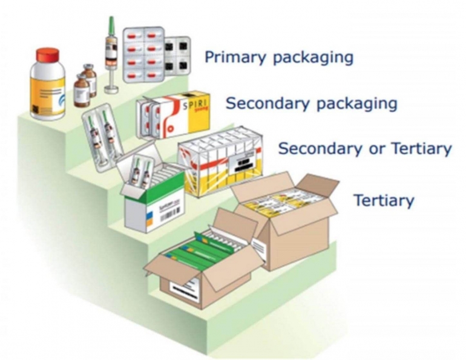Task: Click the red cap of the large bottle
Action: [47, 55]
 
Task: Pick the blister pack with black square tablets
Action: [178, 54]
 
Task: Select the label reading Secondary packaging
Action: [311, 103]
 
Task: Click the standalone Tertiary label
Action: [384, 200]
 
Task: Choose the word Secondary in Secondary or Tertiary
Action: [320, 148]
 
